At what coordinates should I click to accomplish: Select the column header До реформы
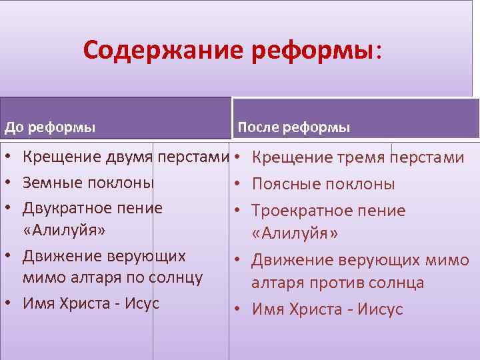[50, 126]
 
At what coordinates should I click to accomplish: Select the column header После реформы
[293, 127]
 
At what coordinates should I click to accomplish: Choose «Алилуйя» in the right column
[295, 235]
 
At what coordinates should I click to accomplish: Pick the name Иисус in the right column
[380, 309]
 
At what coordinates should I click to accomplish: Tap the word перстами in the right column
[427, 158]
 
